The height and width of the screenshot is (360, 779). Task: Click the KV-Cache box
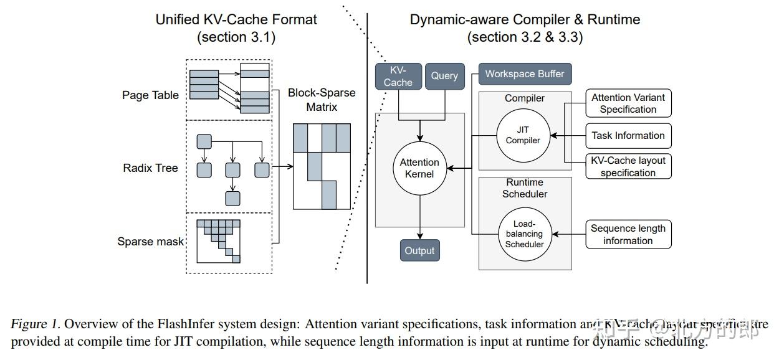point(398,76)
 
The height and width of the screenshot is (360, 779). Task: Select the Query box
point(444,76)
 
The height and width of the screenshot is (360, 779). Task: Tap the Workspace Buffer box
point(525,74)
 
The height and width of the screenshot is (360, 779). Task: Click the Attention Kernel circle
point(419,168)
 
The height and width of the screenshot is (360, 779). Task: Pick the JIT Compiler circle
point(523,135)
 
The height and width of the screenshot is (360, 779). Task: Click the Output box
point(419,250)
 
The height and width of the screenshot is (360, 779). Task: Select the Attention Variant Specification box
point(628,103)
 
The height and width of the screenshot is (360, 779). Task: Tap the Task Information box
point(628,135)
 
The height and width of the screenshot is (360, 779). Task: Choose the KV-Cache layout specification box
point(628,166)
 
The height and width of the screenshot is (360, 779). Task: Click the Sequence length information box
point(628,234)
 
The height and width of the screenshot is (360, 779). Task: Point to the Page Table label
point(150,95)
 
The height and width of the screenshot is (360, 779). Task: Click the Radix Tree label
point(150,168)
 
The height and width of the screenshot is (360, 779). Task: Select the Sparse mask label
point(150,242)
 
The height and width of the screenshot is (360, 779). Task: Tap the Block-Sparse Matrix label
point(322,100)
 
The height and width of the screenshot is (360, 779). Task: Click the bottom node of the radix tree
point(232,199)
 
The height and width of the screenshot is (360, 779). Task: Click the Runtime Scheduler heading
point(525,188)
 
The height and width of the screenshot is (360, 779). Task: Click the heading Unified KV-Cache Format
point(236,19)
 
